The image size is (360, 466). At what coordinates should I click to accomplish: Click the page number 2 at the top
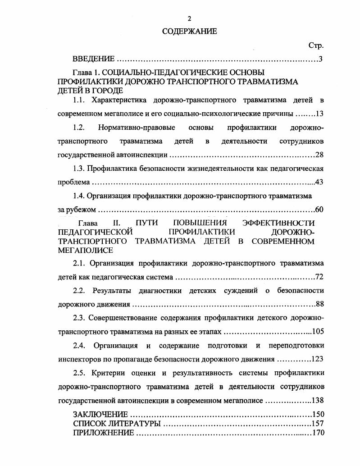[x=189, y=18]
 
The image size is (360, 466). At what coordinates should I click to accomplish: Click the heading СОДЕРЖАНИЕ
[x=189, y=32]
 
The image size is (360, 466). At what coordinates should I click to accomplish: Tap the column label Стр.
[x=316, y=46]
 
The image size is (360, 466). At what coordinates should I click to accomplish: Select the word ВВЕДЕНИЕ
[x=94, y=59]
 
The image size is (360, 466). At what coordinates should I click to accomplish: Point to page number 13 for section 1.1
[x=320, y=114]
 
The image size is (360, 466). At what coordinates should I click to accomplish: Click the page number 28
[x=319, y=155]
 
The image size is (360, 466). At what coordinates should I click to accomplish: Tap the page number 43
[x=319, y=183]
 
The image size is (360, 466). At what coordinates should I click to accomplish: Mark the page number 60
[x=319, y=210]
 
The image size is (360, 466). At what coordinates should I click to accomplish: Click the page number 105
[x=318, y=332]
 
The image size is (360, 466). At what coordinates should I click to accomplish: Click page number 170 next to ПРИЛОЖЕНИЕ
[x=318, y=433]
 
